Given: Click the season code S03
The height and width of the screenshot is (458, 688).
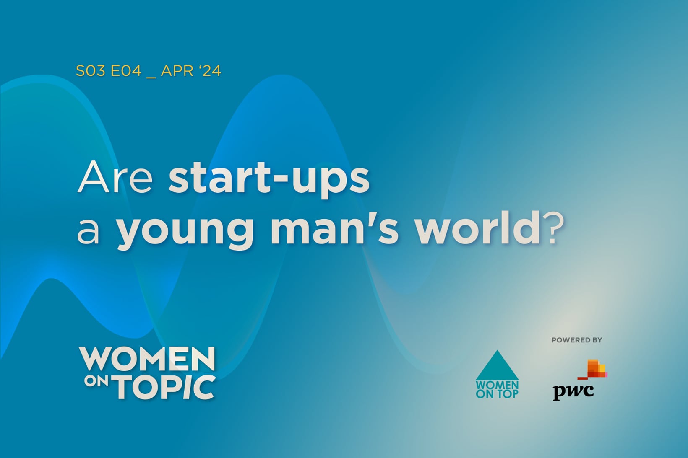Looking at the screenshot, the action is click(x=91, y=71).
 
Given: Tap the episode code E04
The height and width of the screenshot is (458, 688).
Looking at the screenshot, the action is click(x=126, y=71).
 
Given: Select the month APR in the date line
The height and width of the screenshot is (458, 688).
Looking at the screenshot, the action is click(x=177, y=71).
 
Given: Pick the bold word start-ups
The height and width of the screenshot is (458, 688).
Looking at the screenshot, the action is click(x=269, y=181).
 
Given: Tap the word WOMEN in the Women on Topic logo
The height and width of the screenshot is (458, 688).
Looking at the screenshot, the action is click(x=147, y=359).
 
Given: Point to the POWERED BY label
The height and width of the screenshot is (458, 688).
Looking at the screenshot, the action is click(x=577, y=340).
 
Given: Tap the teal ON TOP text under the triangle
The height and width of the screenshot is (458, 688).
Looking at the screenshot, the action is click(x=497, y=394).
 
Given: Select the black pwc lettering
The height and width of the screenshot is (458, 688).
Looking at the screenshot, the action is click(x=573, y=392).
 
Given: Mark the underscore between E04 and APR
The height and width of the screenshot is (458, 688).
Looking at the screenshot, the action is click(x=151, y=77).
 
